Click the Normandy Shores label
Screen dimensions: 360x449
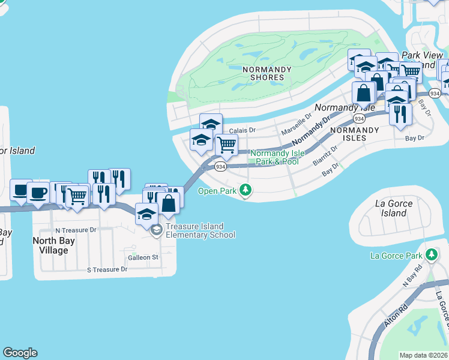(267, 73)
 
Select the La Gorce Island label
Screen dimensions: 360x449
(394, 208)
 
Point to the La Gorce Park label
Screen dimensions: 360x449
(396, 256)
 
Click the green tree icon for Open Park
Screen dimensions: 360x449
(245, 190)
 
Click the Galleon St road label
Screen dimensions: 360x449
(143, 257)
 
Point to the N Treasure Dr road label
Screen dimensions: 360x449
(76, 230)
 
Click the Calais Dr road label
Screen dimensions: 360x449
(243, 130)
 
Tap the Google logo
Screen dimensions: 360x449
(20, 353)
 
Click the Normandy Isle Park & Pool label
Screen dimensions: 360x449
(274, 157)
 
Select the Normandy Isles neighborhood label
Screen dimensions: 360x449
(355, 134)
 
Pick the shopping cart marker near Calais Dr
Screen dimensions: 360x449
(226, 144)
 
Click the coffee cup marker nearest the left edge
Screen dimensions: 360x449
(21, 190)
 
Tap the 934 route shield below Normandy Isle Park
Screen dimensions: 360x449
(220, 167)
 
